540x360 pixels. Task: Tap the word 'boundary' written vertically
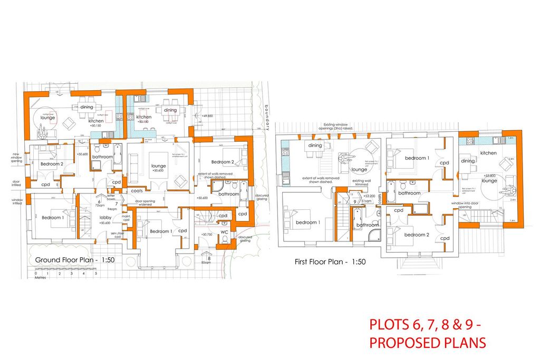267,115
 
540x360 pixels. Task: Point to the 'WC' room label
224,232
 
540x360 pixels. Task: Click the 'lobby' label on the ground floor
105,217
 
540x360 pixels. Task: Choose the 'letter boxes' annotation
111,198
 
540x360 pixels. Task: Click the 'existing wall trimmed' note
363,182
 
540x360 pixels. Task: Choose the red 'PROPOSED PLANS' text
427,343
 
